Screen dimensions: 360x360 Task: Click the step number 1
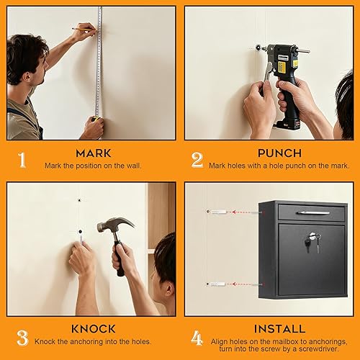click(22, 160)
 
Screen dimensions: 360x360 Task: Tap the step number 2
click(197, 160)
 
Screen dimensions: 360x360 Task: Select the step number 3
click(22, 336)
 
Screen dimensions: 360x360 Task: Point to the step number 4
click(197, 336)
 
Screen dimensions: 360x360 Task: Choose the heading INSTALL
click(279, 328)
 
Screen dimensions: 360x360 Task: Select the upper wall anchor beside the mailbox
click(217, 213)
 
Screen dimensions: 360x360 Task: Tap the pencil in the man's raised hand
click(79, 29)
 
